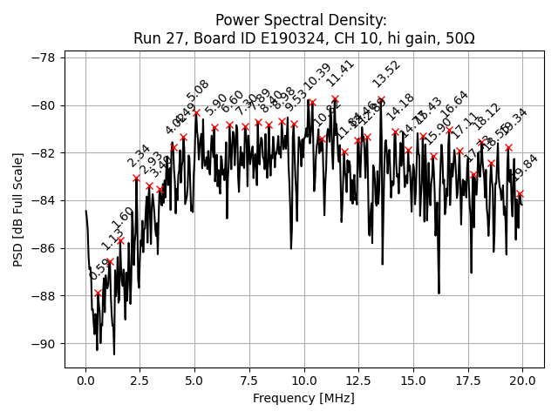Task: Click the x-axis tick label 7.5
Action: coord(249,381)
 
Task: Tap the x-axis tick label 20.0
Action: coord(522,381)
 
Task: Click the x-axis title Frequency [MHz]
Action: coord(303,399)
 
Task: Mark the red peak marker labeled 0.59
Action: coord(98,293)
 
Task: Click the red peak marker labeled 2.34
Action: coord(136,179)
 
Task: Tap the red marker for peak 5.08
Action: coord(196,112)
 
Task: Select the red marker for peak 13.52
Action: coord(381,99)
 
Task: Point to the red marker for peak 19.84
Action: coord(520,193)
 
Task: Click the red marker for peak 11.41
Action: coord(335,99)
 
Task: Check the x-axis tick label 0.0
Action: coord(85,381)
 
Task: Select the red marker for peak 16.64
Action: coord(449,131)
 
